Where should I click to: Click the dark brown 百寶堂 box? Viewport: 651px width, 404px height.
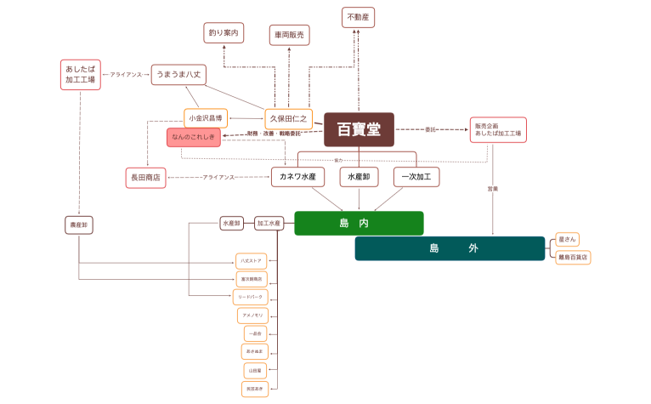pos(359,129)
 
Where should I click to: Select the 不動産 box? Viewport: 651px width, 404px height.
pos(358,17)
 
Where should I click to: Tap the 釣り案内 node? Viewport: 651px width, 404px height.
pos(224,33)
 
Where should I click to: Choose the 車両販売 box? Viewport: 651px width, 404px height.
pos(290,35)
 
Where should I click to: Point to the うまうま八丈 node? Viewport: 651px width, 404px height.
pos(178,75)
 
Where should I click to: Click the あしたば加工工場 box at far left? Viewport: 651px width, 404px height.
pos(80,74)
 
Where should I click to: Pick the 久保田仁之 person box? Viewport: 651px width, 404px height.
pos(289,118)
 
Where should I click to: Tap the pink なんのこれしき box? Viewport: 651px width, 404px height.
pos(194,137)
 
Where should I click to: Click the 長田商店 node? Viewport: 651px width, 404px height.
pos(144,177)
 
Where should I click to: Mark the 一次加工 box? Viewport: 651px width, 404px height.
pos(416,177)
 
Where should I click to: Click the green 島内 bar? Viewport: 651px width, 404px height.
pos(359,223)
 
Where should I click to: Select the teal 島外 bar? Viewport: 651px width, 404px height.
pos(450,248)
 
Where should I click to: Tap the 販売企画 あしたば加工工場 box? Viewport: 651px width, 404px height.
pos(498,129)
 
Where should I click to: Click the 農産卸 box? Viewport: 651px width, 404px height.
pos(79,225)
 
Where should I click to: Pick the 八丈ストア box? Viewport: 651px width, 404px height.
pos(252,259)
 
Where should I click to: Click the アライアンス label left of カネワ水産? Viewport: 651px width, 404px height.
pos(218,177)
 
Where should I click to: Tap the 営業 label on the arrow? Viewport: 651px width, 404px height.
pos(493,188)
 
